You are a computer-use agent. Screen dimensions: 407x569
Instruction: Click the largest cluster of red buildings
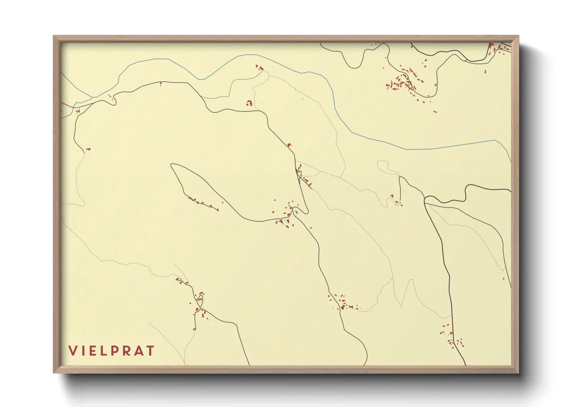(x=404, y=82)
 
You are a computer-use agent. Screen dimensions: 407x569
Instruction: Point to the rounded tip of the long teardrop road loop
(x=173, y=166)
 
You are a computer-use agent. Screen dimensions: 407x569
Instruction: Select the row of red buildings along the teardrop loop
(x=202, y=203)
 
